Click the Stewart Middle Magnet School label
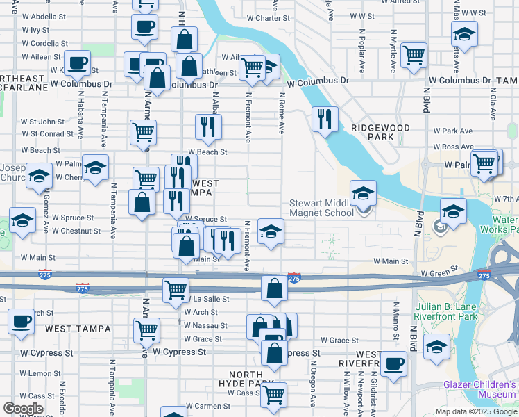tap(321, 208)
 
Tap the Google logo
tap(23, 409)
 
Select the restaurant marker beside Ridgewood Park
tap(325, 119)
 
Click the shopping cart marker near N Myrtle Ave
tap(414, 54)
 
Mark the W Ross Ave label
tap(454, 147)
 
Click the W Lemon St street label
tap(40, 373)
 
